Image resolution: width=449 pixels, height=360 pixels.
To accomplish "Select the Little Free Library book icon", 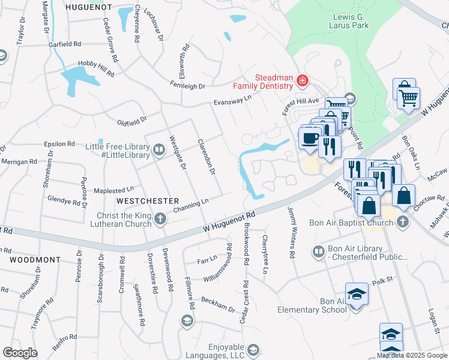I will point(158,149).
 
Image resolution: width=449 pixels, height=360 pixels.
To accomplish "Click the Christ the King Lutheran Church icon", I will point(160,220).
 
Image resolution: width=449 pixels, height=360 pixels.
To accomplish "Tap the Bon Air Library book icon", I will point(319,251).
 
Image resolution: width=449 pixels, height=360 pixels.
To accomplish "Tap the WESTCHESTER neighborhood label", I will point(148,200).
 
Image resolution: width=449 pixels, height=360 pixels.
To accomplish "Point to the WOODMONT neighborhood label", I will point(35,260).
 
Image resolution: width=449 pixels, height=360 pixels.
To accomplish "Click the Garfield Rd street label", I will point(65,44).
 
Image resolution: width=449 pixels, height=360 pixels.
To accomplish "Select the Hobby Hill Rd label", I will point(96,68).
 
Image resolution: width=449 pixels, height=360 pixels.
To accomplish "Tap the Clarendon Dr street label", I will point(206,157).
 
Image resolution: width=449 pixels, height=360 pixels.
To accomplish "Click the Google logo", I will point(20,353).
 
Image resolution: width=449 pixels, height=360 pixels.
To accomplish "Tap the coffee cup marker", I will point(310,139).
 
